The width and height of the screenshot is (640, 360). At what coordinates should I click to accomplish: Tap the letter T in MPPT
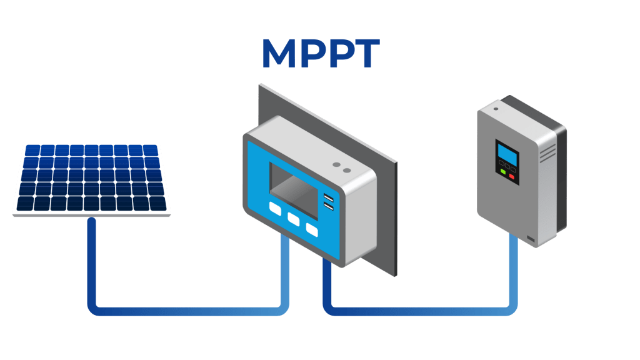pyautogui.click(x=364, y=54)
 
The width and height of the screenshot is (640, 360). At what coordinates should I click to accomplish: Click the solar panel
pyautogui.click(x=91, y=179)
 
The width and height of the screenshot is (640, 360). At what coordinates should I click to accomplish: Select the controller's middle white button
pyautogui.click(x=293, y=219)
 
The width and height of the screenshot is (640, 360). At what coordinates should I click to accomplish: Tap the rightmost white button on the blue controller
pyautogui.click(x=311, y=229)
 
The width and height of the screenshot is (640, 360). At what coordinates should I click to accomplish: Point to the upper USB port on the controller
pyautogui.click(x=328, y=197)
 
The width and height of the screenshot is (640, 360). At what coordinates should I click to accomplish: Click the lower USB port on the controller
pyautogui.click(x=328, y=206)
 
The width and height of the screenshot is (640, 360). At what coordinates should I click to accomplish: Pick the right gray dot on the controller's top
pyautogui.click(x=345, y=169)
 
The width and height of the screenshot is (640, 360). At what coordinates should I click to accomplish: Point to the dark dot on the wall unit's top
pyautogui.click(x=496, y=109)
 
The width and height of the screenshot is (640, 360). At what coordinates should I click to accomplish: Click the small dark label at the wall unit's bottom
pyautogui.click(x=530, y=239)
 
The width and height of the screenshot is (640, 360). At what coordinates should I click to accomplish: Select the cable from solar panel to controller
pyautogui.click(x=187, y=309)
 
